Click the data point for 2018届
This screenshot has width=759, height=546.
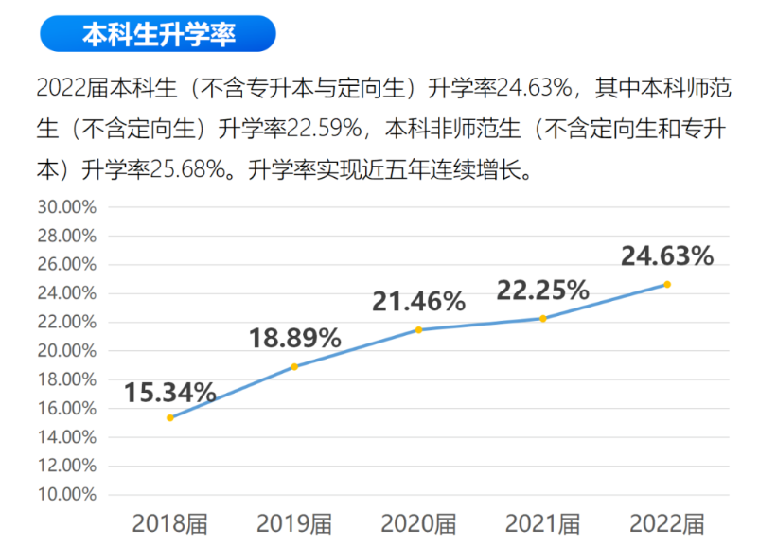[x=170, y=417]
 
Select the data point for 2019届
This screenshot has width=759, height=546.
[x=294, y=366]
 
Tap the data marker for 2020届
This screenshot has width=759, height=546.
[x=419, y=329]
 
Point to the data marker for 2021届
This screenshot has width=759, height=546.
[x=543, y=318]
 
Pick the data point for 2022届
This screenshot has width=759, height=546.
[x=667, y=284]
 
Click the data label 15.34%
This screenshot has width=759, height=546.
[x=170, y=392]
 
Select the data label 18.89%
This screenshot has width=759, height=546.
[x=294, y=338]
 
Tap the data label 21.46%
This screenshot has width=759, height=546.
[x=418, y=302]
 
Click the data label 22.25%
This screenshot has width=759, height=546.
[x=543, y=290]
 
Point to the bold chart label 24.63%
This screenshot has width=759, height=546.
[x=666, y=255]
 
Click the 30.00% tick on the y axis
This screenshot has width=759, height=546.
[x=66, y=206]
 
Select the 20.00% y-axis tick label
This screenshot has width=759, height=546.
[x=66, y=350]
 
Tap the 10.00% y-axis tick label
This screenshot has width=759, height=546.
[x=66, y=494]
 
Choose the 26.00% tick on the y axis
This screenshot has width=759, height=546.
[x=66, y=264]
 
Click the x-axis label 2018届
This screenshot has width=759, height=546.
[x=170, y=523]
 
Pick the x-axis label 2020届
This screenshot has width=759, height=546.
[x=418, y=523]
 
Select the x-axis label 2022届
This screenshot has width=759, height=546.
[x=667, y=523]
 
